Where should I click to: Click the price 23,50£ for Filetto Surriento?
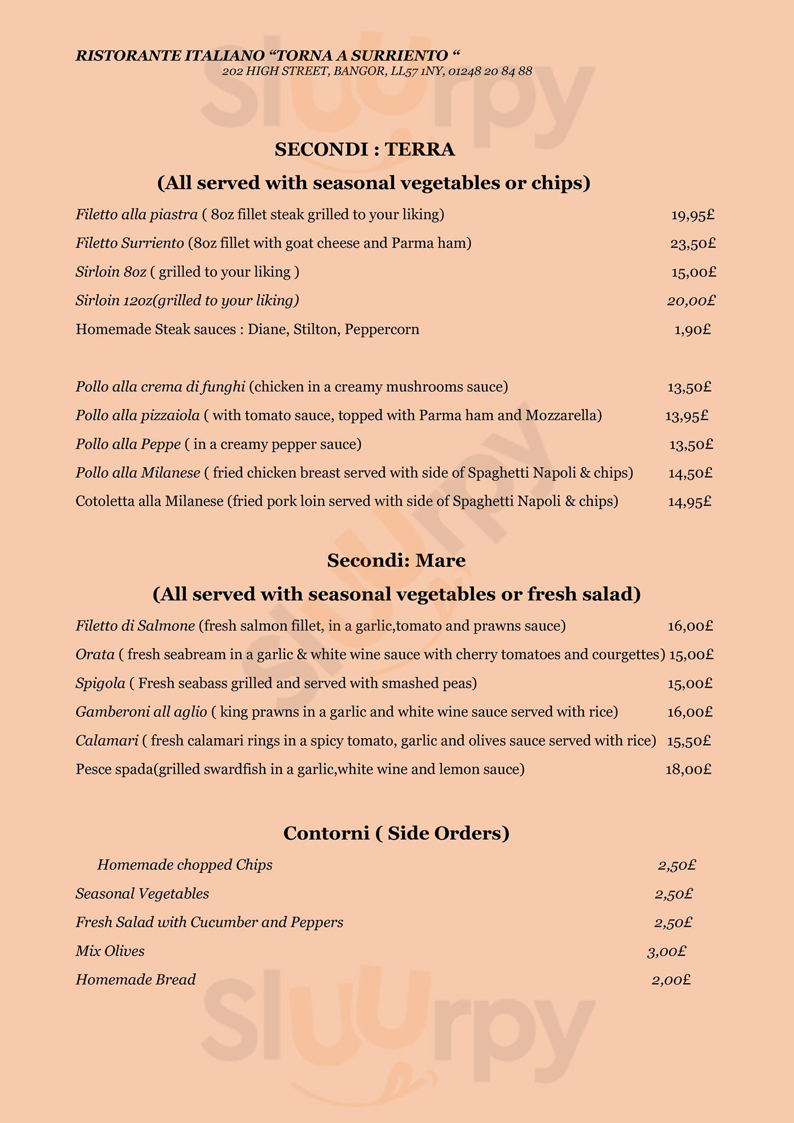click(x=693, y=243)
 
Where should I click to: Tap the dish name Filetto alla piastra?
click(x=137, y=215)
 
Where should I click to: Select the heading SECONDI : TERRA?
click(x=365, y=150)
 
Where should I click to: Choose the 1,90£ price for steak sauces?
click(x=692, y=330)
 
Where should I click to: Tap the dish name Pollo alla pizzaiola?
click(x=138, y=416)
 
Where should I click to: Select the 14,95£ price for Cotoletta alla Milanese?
click(x=689, y=502)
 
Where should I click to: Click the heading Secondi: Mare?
click(x=396, y=560)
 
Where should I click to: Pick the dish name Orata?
click(x=95, y=655)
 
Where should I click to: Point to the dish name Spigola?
click(x=100, y=683)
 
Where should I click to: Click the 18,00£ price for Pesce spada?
click(x=688, y=769)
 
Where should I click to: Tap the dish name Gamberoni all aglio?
click(x=141, y=712)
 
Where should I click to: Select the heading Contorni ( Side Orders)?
click(x=396, y=833)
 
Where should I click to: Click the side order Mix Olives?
click(x=110, y=951)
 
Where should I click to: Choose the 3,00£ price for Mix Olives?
click(x=666, y=951)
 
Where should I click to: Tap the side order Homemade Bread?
click(x=135, y=979)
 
